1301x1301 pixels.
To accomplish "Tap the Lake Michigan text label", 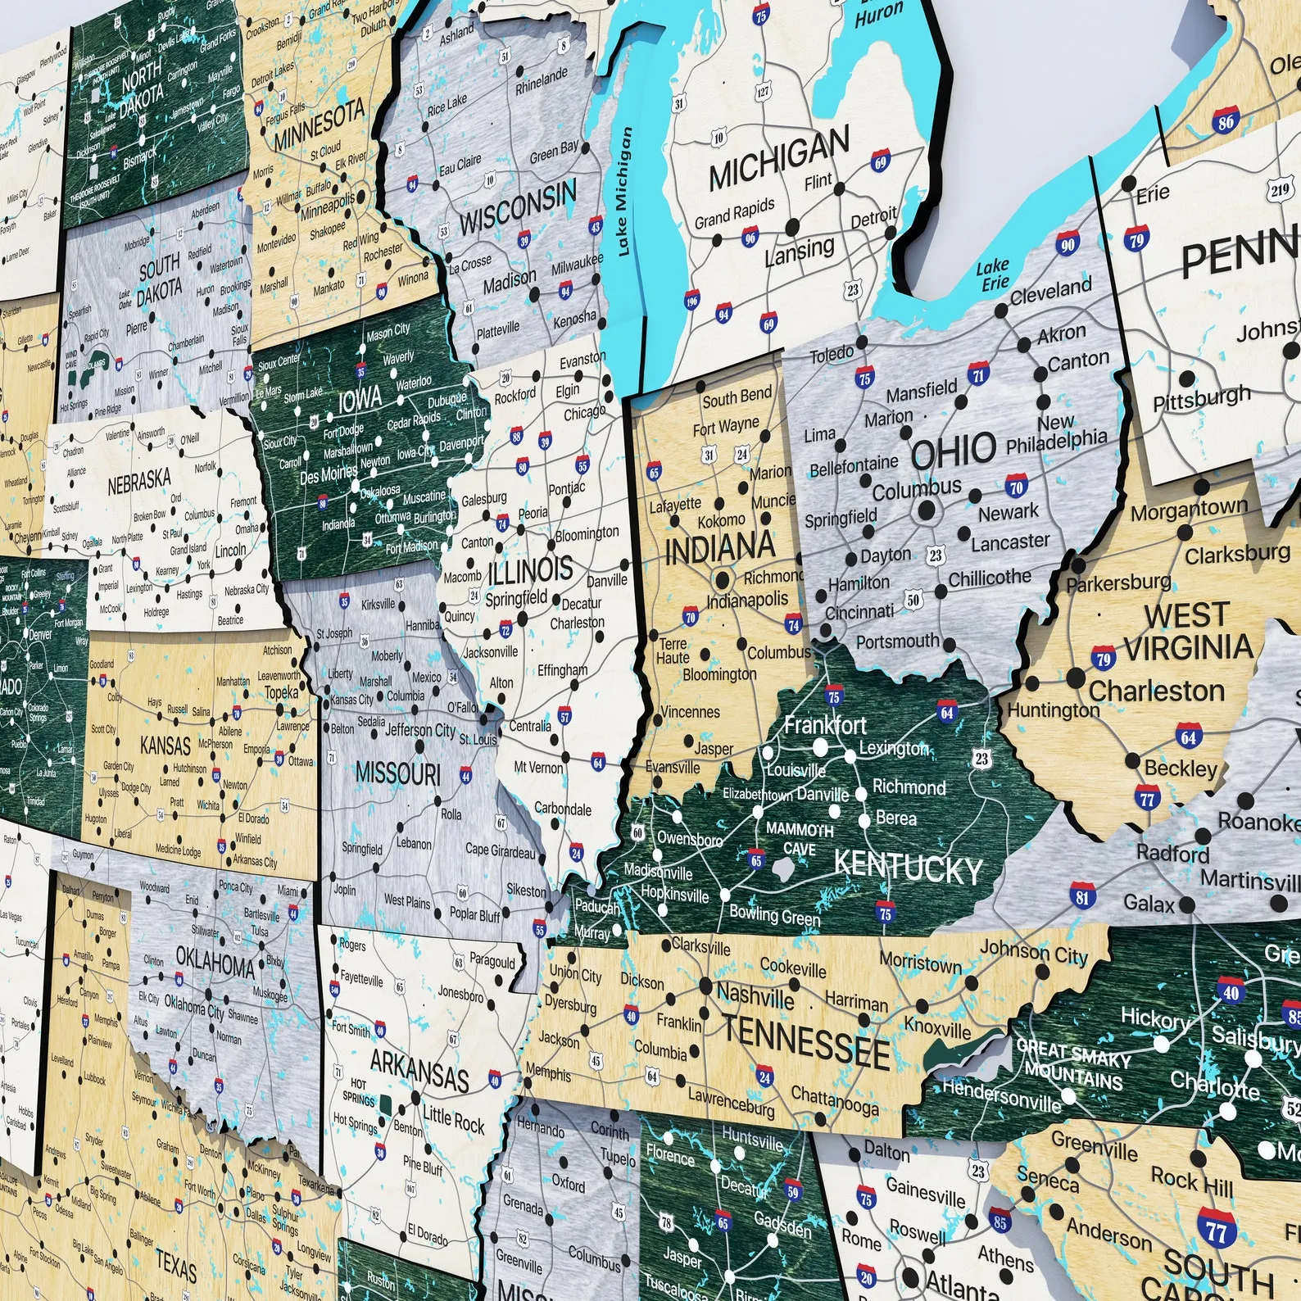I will (x=624, y=192).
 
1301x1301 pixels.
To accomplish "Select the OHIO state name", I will (x=954, y=450).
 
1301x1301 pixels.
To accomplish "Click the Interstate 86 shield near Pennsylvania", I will (x=1225, y=121).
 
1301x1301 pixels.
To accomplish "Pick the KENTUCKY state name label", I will (x=908, y=866).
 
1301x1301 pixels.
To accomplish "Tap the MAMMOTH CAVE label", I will (x=799, y=838).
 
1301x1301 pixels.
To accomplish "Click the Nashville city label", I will (x=755, y=996).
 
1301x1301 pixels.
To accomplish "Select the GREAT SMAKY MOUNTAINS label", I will (x=1072, y=1063).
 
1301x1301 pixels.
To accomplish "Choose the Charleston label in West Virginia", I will (x=1156, y=691).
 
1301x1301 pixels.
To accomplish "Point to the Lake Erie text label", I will (x=993, y=274).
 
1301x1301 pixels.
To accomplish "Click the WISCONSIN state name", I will (x=518, y=209).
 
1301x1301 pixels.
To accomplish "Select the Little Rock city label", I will (x=453, y=1118).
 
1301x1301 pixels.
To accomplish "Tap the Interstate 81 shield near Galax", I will (x=1082, y=895).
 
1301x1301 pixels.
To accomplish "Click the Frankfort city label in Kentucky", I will (x=824, y=724).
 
